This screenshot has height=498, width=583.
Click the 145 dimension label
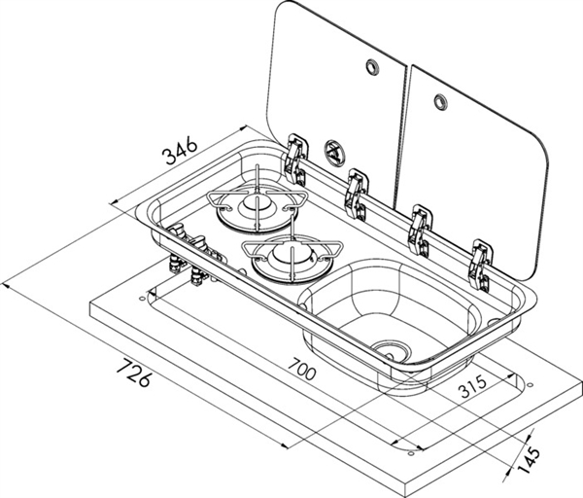[x=529, y=458]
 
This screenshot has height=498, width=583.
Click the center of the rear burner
[x=257, y=204]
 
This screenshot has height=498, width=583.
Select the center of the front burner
[x=289, y=256]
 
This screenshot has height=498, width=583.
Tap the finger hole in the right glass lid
[x=440, y=100]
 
